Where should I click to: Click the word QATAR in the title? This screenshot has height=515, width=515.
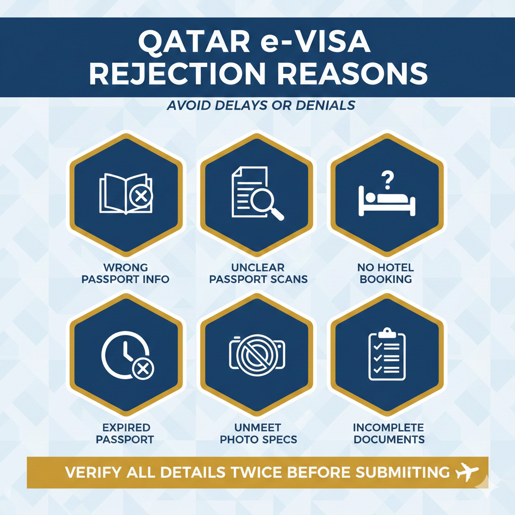(194, 42)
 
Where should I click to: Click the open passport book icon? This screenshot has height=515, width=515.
(126, 194)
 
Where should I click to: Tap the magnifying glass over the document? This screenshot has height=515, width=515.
(267, 204)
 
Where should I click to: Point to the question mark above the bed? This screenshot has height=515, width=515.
(388, 180)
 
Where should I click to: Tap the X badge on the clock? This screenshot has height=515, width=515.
(143, 369)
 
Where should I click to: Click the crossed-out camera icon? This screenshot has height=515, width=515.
(257, 356)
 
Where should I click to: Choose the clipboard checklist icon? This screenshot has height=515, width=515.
(387, 354)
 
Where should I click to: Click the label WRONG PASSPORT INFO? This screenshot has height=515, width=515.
(125, 273)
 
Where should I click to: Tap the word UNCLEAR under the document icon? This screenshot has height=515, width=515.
(258, 268)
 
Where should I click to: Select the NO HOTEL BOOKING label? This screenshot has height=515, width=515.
(386, 273)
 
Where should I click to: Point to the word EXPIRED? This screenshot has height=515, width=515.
(126, 427)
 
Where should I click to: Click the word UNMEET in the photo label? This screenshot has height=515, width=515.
(258, 427)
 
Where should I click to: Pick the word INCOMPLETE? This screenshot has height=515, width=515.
(389, 427)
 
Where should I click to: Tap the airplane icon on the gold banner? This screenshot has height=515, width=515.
(467, 472)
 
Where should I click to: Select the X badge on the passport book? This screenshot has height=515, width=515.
(141, 197)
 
